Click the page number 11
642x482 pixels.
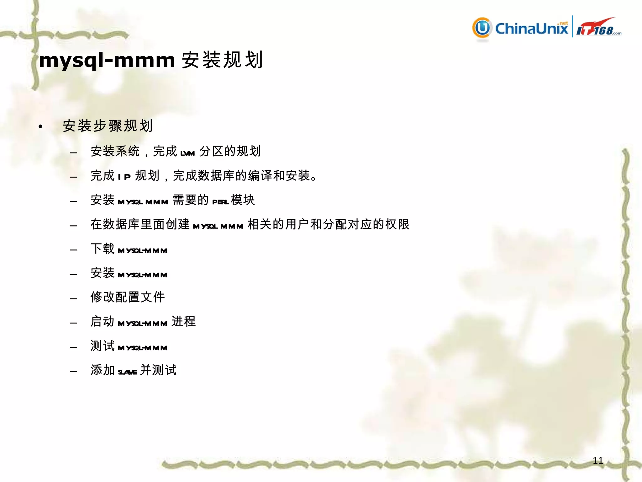tap(598, 460)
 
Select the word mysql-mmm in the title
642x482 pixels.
tap(107, 60)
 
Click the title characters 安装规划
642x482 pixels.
tap(222, 60)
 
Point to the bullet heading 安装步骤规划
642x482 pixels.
tap(108, 126)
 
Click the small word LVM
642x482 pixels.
tap(187, 153)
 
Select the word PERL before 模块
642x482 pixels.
tap(220, 202)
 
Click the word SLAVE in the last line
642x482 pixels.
tap(127, 372)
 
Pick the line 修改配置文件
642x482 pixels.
tap(128, 297)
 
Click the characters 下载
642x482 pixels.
tap(103, 249)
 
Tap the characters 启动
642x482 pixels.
tap(103, 321)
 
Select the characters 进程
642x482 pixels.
tap(184, 321)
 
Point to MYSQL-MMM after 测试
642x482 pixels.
tap(142, 348)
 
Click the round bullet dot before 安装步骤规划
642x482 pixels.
tap(40, 126)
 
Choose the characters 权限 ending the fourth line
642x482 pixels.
tap(397, 224)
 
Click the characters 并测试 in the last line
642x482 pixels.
tap(159, 370)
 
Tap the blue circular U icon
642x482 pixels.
tap(482, 28)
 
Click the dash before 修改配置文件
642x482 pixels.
tap(74, 298)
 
